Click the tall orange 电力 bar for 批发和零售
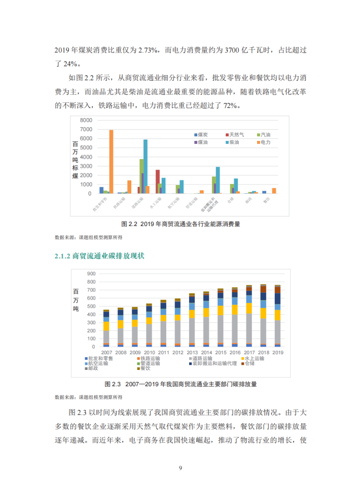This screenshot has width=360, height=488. pos(111,162)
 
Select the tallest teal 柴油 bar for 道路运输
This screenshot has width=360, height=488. pos(146,166)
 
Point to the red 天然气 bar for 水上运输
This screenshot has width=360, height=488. pos(158,181)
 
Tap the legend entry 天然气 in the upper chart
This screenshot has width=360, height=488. pos(236,135)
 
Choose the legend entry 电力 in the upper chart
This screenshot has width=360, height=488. pos(265,143)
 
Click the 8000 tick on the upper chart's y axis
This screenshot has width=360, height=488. pos(86,120)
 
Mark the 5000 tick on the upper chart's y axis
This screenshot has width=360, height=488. pos(86,147)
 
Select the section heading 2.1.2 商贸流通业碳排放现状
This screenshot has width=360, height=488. pos(99,256)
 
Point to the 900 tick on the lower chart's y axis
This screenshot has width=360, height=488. pos(91,274)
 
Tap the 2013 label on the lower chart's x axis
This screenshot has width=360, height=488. pos(193,352)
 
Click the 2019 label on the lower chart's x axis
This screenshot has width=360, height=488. pos(278,352)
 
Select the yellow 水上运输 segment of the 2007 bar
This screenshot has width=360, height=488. pos(106,326)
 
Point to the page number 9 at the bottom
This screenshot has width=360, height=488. pos(180,467)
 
